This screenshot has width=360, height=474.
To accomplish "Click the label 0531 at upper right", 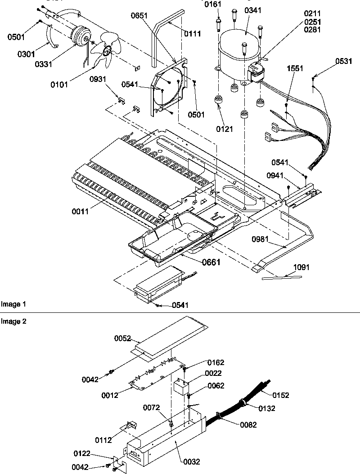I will click(x=343, y=62).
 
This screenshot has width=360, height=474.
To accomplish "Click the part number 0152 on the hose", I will click(x=280, y=395).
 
